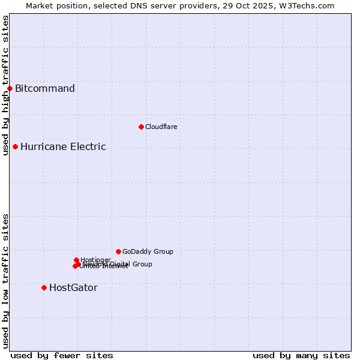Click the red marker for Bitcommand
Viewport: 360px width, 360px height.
[10, 89]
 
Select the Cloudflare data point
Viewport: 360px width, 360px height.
[141, 127]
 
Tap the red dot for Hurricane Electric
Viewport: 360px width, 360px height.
[15, 146]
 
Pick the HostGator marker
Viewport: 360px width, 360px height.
[44, 287]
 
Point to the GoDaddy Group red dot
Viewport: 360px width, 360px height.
[118, 251]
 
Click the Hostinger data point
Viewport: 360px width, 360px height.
[76, 260]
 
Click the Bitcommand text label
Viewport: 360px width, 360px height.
[45, 89]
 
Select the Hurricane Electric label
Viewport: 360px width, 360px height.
[63, 146]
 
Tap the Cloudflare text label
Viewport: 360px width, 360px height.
[161, 127]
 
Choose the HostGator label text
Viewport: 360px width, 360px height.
[73, 287]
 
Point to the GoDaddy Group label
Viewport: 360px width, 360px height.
[148, 251]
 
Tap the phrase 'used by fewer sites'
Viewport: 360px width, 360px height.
[62, 355]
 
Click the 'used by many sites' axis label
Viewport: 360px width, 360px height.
[301, 355]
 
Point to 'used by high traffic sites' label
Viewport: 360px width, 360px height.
[6, 85]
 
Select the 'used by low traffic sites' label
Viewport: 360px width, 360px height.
[6, 281]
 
